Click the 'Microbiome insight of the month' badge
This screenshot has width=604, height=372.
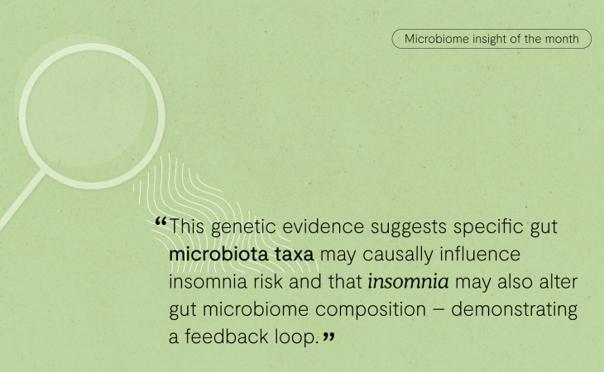[x=491, y=39]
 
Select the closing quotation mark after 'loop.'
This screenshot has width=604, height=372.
[x=328, y=337]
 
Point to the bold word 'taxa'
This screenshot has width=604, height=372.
[x=295, y=255]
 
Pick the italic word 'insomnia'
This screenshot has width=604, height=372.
[x=408, y=282]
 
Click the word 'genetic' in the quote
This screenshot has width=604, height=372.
[x=243, y=227]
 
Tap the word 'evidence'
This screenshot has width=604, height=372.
[x=324, y=227]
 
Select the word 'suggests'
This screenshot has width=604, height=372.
[x=408, y=227]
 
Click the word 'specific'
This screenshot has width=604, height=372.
[x=487, y=227]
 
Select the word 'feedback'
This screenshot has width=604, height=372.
[x=226, y=336]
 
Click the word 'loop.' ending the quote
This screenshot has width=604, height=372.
[x=296, y=337]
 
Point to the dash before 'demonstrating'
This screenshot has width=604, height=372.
[x=439, y=310]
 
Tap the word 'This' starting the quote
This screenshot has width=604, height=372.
[x=187, y=227]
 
